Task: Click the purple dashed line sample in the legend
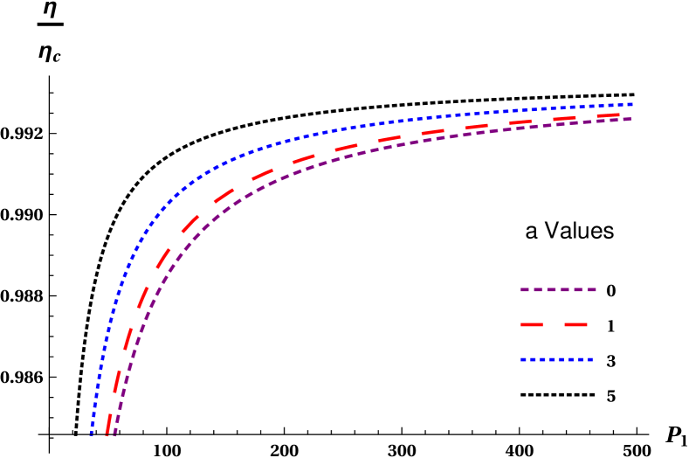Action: pos(557,289)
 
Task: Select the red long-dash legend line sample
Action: pos(554,325)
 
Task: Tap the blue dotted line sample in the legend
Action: pos(556,359)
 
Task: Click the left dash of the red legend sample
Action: pos(532,325)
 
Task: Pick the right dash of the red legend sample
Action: pos(575,325)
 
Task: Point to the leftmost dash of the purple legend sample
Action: pos(524,289)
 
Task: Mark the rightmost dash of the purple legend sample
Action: pos(591,289)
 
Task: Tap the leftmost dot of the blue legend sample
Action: pos(521,359)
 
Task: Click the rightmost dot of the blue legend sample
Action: pos(591,359)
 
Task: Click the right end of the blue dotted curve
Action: pos(631,105)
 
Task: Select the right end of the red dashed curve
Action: pos(618,114)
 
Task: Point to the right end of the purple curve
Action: pos(629,118)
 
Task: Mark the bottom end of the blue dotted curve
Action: pos(91,434)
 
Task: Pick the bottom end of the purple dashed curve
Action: pos(115,433)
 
